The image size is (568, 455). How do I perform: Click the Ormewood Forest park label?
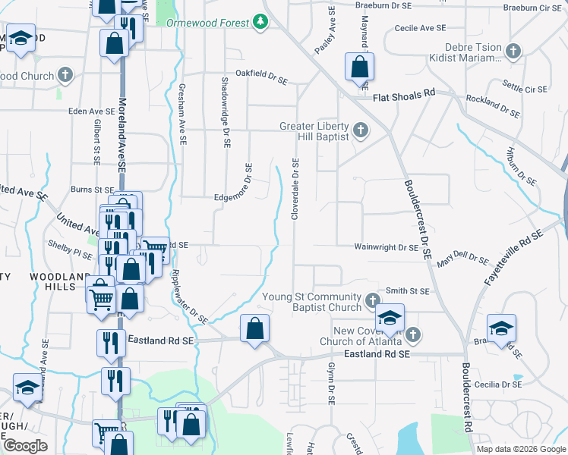click(207, 23)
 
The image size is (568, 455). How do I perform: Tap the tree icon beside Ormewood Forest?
click(261, 21)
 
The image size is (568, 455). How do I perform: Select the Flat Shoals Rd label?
click(403, 95)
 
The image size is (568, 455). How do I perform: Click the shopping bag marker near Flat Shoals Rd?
click(359, 66)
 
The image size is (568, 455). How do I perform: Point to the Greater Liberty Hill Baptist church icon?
click(361, 130)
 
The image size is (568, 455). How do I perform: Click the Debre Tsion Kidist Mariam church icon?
click(513, 52)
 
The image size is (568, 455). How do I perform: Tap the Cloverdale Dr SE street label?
click(295, 190)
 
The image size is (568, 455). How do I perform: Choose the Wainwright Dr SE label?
click(387, 247)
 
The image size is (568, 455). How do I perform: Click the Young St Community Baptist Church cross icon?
click(372, 301)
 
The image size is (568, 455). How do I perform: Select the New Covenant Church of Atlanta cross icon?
click(412, 334)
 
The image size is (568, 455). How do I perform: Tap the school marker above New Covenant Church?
click(389, 317)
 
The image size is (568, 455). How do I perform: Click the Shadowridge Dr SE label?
click(226, 112)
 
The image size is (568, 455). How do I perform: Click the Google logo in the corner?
click(25, 446)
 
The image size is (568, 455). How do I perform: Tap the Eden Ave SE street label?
click(91, 111)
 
